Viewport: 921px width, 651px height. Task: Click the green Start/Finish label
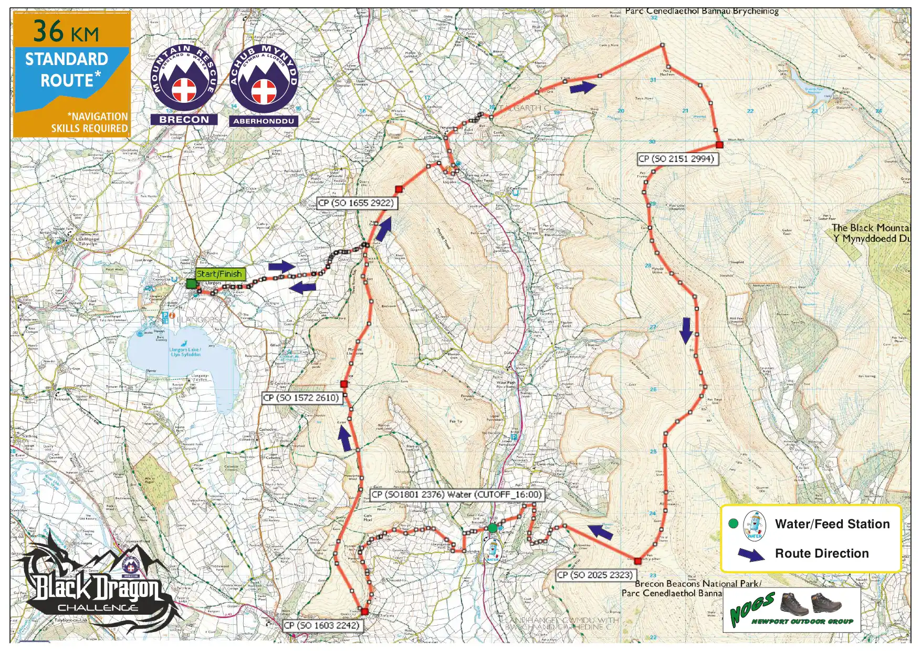click(219, 274)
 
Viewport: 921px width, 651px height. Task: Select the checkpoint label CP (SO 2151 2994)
click(676, 158)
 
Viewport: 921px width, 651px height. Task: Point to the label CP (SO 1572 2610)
click(301, 398)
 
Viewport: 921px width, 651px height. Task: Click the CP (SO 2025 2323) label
click(595, 575)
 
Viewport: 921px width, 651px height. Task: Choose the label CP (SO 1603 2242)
click(322, 625)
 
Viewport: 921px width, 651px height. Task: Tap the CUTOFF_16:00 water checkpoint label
click(456, 495)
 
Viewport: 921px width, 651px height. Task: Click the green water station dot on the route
click(492, 528)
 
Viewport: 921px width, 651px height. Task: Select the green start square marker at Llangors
click(191, 284)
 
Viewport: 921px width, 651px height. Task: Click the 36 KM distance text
click(66, 31)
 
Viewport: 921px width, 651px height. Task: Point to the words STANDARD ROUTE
click(67, 70)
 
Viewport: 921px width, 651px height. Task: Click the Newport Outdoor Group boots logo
click(791, 610)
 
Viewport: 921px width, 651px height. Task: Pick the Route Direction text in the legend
click(822, 553)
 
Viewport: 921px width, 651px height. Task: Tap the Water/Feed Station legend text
click(832, 524)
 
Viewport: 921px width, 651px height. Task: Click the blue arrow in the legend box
click(751, 554)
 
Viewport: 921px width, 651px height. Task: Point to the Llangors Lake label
click(185, 351)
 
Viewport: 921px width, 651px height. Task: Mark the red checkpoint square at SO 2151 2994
click(719, 145)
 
